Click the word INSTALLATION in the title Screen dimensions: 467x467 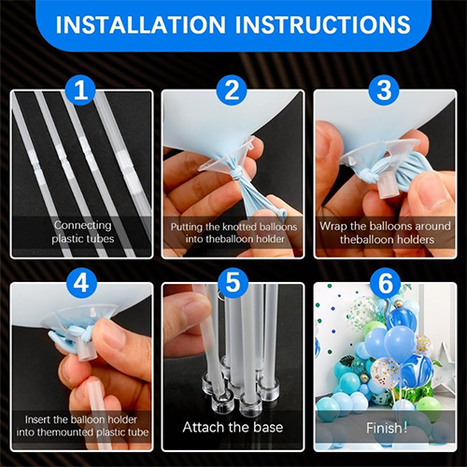[x=140, y=24]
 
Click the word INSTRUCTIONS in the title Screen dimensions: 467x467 [x=323, y=24]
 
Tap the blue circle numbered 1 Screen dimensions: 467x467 [x=80, y=90]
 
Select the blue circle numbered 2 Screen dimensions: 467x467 [x=232, y=90]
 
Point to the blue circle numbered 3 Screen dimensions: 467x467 [x=384, y=90]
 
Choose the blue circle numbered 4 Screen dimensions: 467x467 [x=81, y=283]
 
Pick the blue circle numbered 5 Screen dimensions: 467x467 [x=233, y=283]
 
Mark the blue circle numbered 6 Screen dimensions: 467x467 [x=386, y=283]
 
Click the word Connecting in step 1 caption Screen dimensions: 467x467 [x=82, y=225]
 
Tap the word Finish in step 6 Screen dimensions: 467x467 [x=385, y=428]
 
